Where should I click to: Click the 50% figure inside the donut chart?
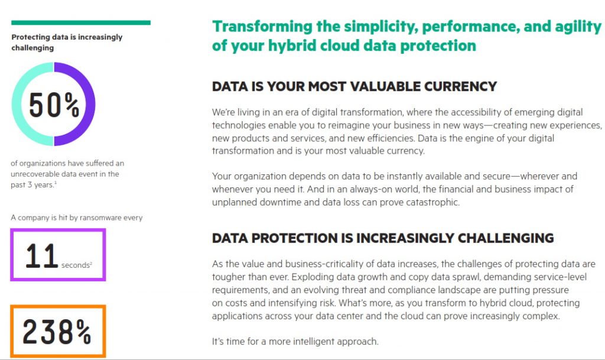[x=54, y=105]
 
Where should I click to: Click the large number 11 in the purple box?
[x=42, y=255]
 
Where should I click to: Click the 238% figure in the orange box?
[x=57, y=332]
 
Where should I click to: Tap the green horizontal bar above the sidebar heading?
[x=81, y=23]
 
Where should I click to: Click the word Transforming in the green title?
[x=262, y=27]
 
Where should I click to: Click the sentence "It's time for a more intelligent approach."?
[x=295, y=342]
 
